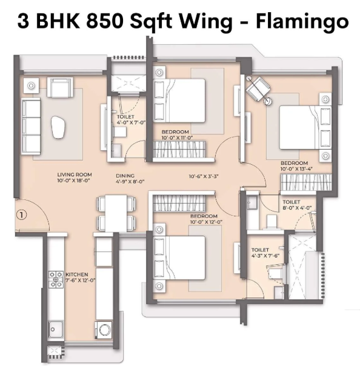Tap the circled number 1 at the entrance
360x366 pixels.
[22, 215]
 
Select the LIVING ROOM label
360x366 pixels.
[75, 175]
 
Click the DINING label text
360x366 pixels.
[125, 176]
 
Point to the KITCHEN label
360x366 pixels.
[77, 274]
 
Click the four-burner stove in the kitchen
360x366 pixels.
[56, 279]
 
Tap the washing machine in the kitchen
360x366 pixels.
[104, 330]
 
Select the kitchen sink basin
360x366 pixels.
[56, 330]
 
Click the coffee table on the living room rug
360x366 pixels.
[58, 127]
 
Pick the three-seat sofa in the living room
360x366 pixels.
[31, 126]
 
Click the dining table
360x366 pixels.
[116, 213]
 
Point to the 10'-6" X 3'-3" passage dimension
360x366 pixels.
[204, 176]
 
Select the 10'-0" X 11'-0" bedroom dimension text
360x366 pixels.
[178, 138]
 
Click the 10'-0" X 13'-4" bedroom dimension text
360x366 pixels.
[296, 168]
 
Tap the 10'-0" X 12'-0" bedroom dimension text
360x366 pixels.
[206, 222]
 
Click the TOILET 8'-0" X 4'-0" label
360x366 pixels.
[297, 205]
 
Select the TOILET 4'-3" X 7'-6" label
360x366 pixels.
[265, 253]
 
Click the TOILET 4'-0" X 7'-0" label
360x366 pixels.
[131, 119]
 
